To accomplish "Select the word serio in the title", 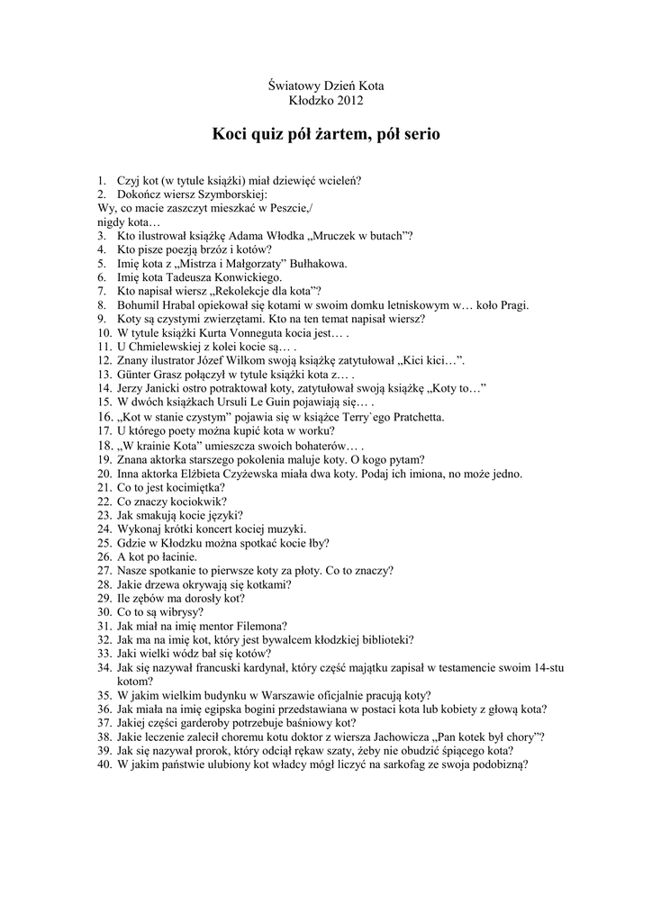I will pos(418,134).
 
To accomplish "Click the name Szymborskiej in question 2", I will pos(230,194).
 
